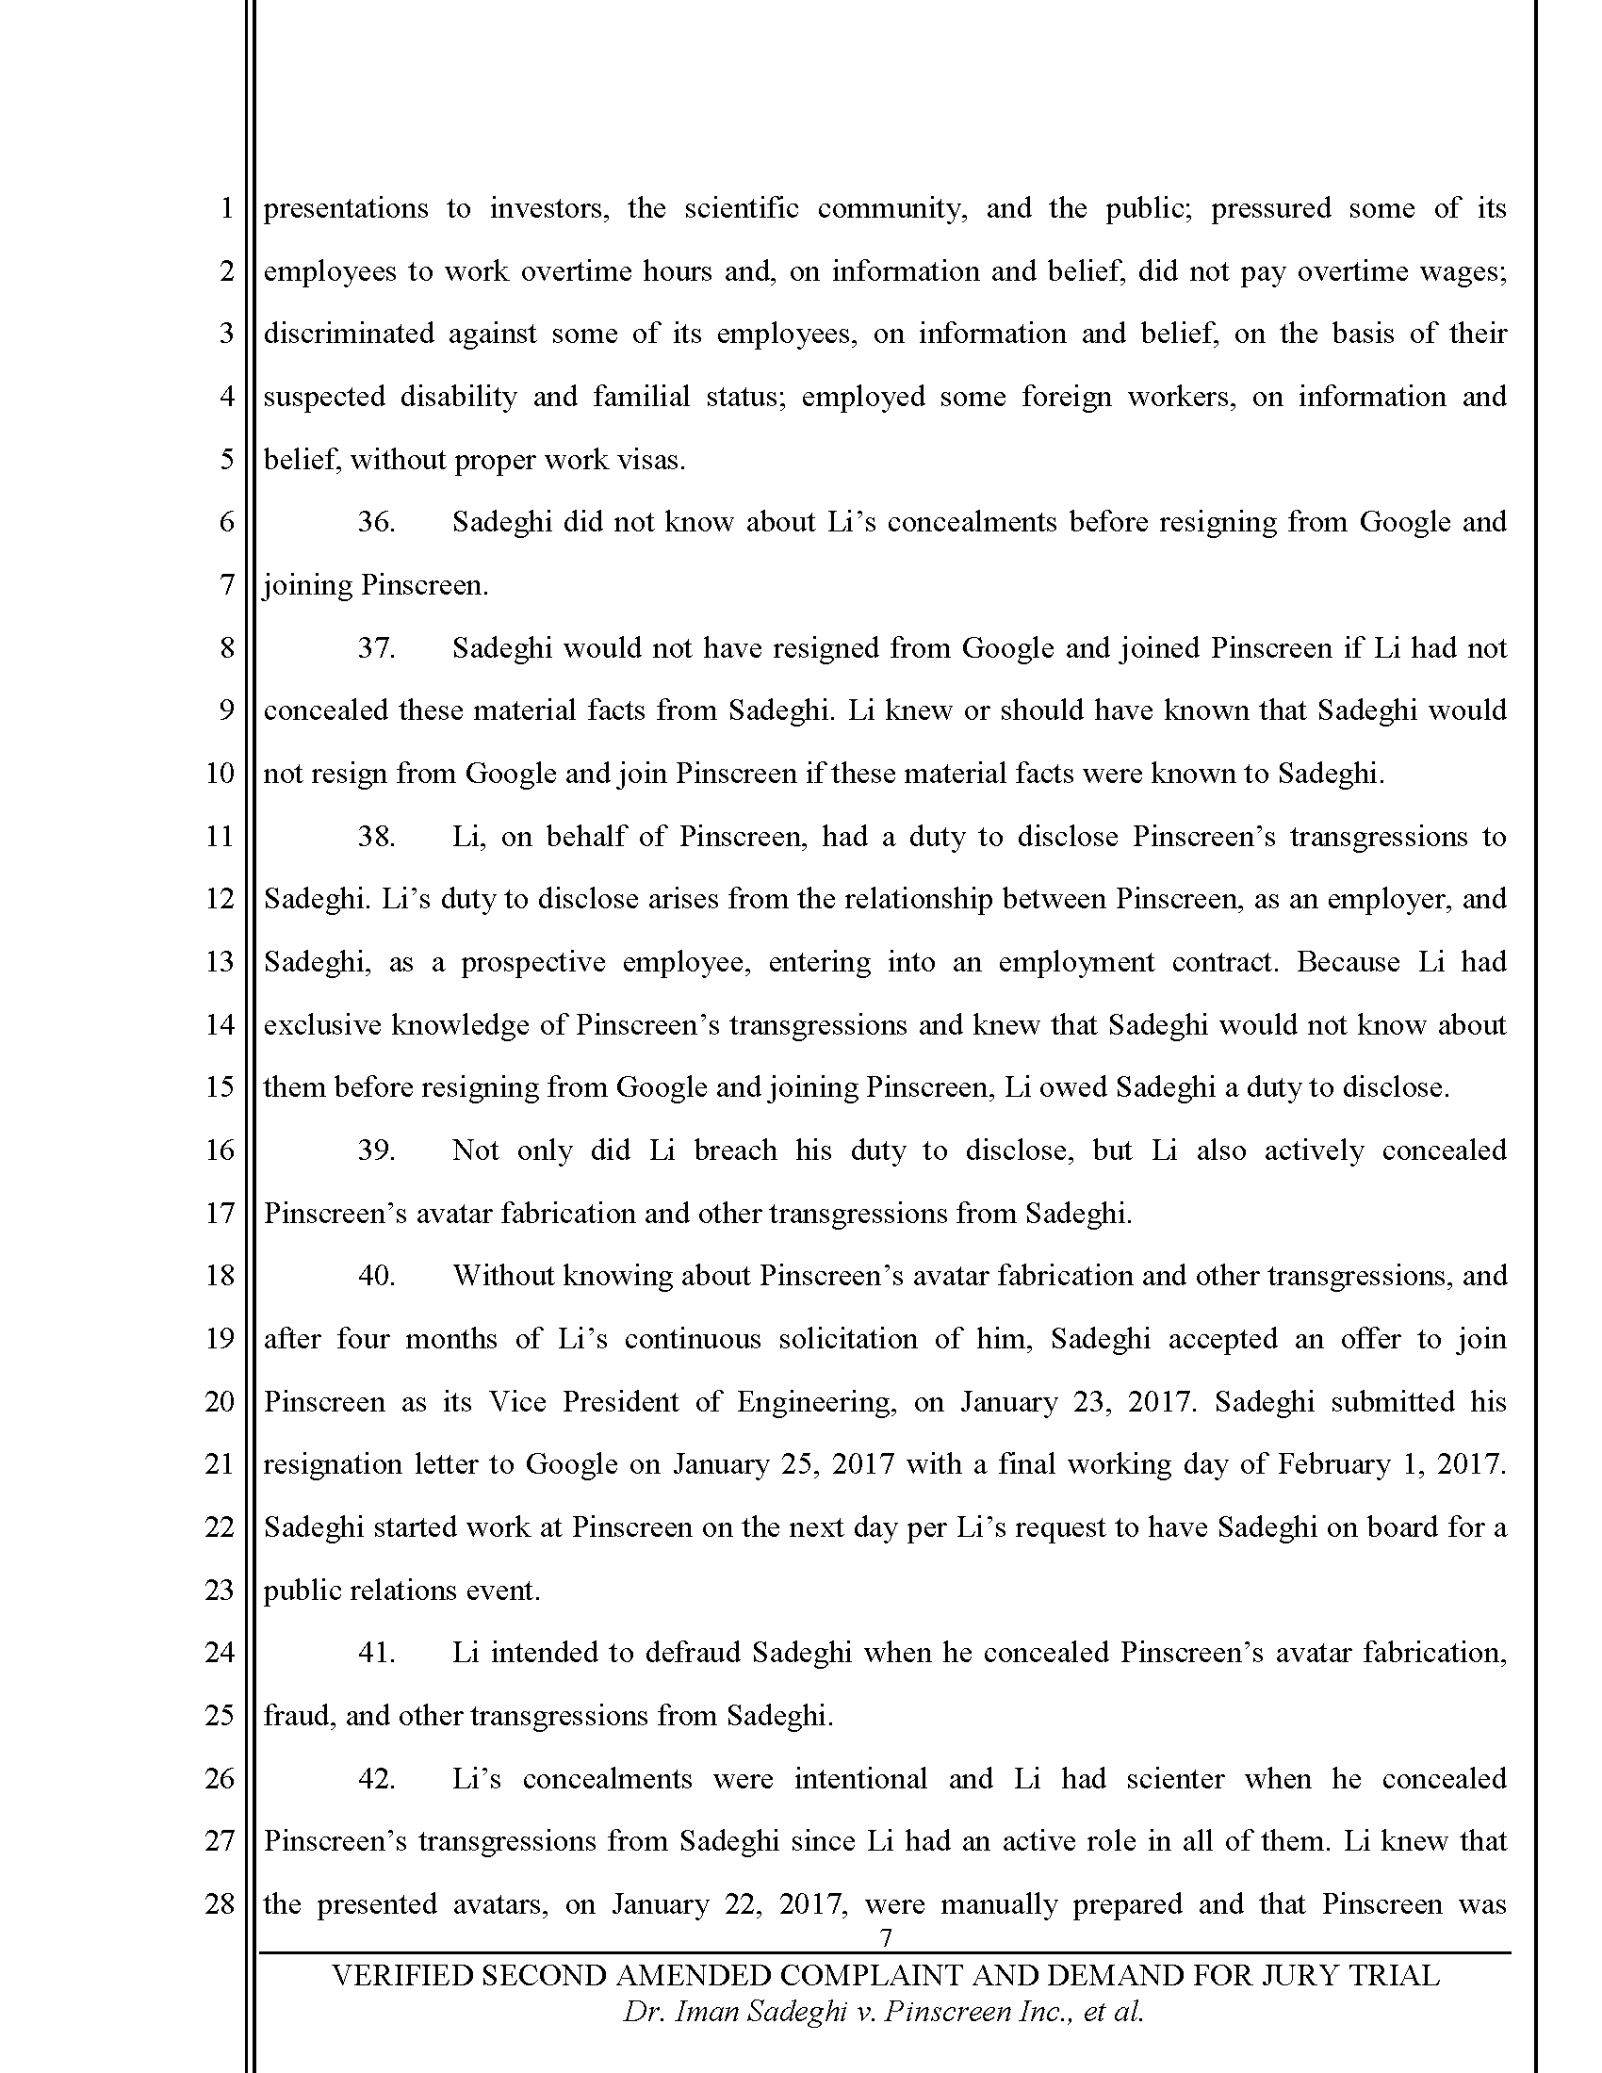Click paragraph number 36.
pyautogui.click(x=376, y=522)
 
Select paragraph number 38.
pyautogui.click(x=376, y=836)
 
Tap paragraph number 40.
pyautogui.click(x=376, y=1276)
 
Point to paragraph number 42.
pyautogui.click(x=376, y=1779)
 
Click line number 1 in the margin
pyautogui.click(x=226, y=208)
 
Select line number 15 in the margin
pyautogui.click(x=220, y=1086)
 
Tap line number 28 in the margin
pyautogui.click(x=220, y=1904)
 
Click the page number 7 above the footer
pyautogui.click(x=886, y=1937)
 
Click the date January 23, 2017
pyautogui.click(x=1076, y=1402)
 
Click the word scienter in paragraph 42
pyautogui.click(x=1175, y=1779)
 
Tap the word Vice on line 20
pyautogui.click(x=517, y=1402)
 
